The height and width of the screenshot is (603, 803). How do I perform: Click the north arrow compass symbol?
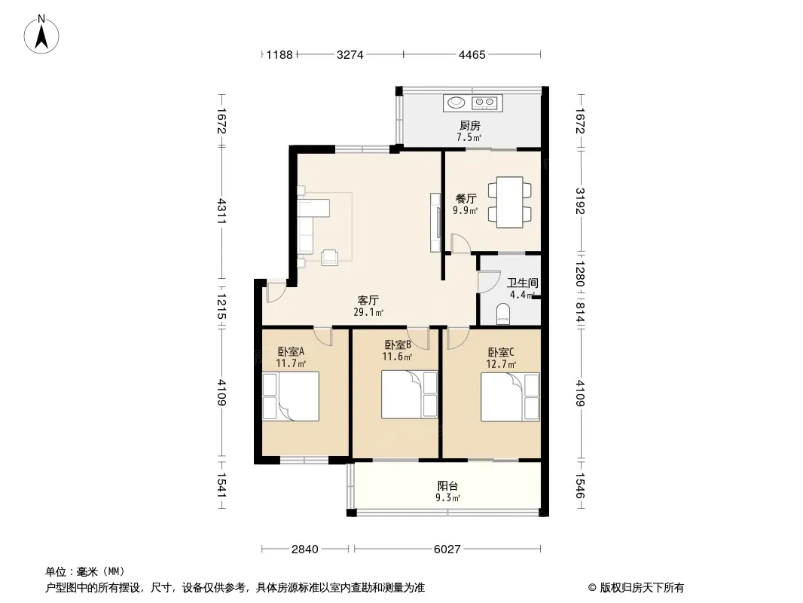click(41, 35)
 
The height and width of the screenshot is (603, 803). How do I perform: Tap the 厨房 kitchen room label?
click(469, 126)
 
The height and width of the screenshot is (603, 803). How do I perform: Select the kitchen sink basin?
click(456, 103)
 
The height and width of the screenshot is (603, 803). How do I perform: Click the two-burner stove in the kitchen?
click(484, 103)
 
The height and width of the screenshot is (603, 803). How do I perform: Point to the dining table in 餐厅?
click(509, 202)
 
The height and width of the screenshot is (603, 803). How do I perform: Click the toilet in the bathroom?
click(504, 314)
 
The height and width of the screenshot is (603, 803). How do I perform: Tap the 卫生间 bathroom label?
click(522, 283)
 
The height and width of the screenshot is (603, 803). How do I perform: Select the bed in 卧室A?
click(291, 396)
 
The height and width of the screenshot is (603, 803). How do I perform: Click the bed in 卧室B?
click(409, 394)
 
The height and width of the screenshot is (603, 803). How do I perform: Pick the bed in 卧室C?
click(510, 397)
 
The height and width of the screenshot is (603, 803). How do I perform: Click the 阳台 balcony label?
click(447, 485)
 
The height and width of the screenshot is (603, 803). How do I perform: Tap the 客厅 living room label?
click(368, 300)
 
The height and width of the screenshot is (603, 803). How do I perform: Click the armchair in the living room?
click(330, 257)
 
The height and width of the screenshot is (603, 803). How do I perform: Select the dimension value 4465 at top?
click(472, 54)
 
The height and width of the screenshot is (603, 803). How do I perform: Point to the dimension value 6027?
click(447, 549)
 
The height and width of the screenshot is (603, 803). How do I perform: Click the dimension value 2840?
click(305, 549)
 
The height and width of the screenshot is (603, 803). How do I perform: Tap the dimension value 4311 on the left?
click(222, 211)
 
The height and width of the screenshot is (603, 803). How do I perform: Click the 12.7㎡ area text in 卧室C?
click(501, 364)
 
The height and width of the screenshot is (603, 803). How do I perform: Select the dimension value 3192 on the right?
click(580, 200)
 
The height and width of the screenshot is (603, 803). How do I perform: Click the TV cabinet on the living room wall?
click(435, 222)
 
